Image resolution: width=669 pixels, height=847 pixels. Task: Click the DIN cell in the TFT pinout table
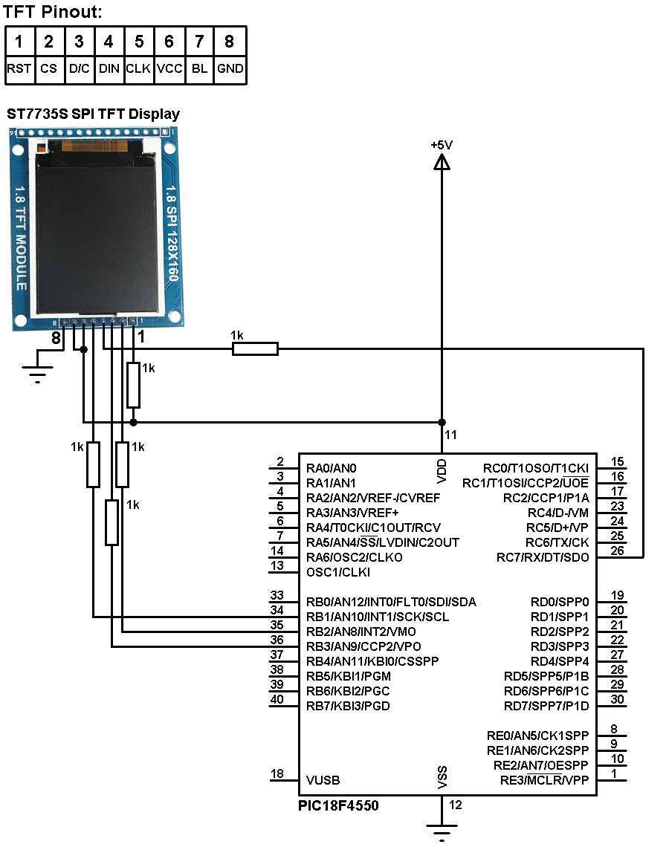point(109,68)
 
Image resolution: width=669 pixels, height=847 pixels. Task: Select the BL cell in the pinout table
point(199,68)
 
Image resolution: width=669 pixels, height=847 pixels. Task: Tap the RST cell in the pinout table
point(19,68)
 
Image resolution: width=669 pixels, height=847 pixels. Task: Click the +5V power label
point(442,145)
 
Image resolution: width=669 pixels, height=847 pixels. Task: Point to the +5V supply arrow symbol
point(442,161)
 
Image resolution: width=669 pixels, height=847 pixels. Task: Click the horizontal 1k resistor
point(255,348)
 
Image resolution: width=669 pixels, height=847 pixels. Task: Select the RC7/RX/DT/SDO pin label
point(543,557)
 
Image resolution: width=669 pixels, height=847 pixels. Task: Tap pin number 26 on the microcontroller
point(617,551)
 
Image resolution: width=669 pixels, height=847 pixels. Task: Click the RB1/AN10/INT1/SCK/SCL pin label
point(377,617)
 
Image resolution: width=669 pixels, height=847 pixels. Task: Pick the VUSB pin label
point(323,780)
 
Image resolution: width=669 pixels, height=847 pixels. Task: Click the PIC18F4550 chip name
point(338,805)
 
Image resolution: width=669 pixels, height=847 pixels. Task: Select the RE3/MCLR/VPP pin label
point(544,780)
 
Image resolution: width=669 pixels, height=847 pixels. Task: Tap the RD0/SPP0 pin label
point(559,602)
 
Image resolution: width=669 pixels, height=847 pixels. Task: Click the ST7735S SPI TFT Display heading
point(93,114)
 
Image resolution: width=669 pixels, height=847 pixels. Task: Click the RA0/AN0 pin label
point(332,468)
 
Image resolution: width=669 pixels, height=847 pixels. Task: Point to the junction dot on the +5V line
point(442,423)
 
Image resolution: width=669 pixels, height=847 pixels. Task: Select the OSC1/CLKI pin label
point(338,572)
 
